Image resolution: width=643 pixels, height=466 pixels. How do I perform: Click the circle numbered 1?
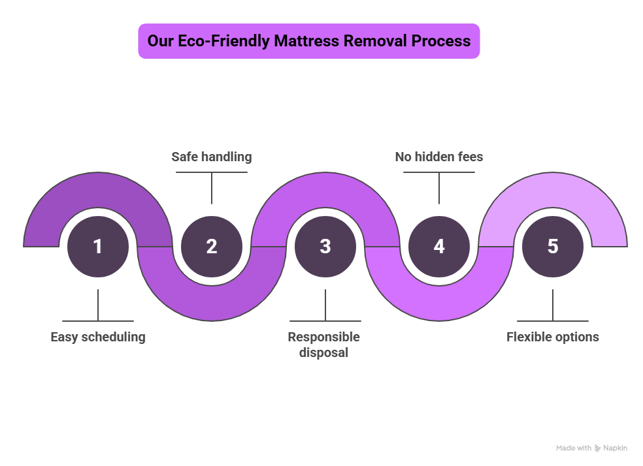point(98,247)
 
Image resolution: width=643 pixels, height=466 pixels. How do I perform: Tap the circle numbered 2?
point(212,247)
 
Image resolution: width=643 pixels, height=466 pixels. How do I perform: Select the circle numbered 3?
point(325,247)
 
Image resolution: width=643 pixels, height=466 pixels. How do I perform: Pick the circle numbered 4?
point(439,247)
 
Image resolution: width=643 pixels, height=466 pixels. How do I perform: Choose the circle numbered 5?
point(553,247)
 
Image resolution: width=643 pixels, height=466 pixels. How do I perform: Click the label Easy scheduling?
point(98,337)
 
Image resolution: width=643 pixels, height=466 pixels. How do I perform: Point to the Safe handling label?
point(211,157)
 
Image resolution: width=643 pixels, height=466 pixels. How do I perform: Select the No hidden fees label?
point(439,157)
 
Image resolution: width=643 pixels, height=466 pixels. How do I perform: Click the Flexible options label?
point(553,337)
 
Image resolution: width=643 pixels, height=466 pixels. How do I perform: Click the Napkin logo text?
point(615,448)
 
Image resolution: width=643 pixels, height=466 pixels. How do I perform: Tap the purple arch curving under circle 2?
point(212,303)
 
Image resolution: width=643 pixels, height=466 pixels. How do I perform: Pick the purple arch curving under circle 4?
point(439,303)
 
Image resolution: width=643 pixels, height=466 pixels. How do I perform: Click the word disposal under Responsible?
point(324,352)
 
